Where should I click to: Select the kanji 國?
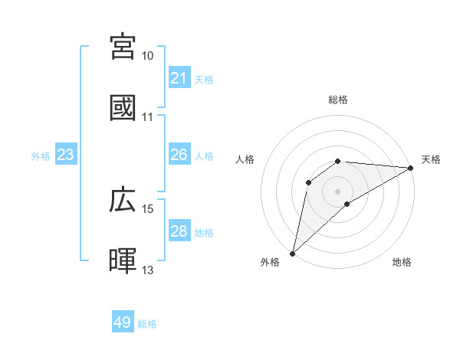tap(123, 107)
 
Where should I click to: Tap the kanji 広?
tap(123, 200)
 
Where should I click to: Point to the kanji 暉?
tap(123, 260)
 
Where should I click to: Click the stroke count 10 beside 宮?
tap(148, 56)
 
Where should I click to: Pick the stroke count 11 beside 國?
tap(148, 117)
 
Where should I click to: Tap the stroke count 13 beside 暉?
tap(148, 270)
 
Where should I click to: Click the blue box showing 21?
tap(179, 78)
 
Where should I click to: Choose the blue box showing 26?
tap(179, 155)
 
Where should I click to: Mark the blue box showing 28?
tap(179, 231)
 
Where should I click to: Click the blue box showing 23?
tap(66, 155)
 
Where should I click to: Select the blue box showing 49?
tap(123, 322)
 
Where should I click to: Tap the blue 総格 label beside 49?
tap(147, 324)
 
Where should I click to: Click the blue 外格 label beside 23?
tap(41, 156)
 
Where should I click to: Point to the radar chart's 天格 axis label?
tap(431, 159)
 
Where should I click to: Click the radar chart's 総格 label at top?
tap(338, 100)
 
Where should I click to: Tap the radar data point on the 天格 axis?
tap(411, 168)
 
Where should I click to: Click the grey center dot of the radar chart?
tap(338, 191)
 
